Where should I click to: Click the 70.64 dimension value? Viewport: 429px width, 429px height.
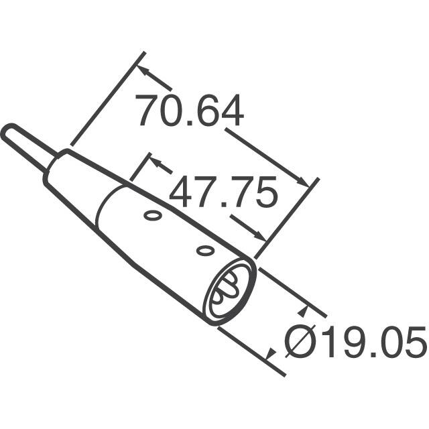coord(189,111)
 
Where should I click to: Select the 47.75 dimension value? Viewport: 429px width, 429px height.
coord(223,194)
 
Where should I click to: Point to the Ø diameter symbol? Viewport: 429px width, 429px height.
coord(299,343)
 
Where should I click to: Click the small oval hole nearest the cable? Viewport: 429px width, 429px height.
coord(153,216)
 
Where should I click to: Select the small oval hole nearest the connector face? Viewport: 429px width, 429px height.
coord(204,251)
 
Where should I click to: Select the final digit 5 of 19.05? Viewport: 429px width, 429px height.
coord(414,343)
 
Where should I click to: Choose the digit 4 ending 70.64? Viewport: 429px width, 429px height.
coord(231,111)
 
